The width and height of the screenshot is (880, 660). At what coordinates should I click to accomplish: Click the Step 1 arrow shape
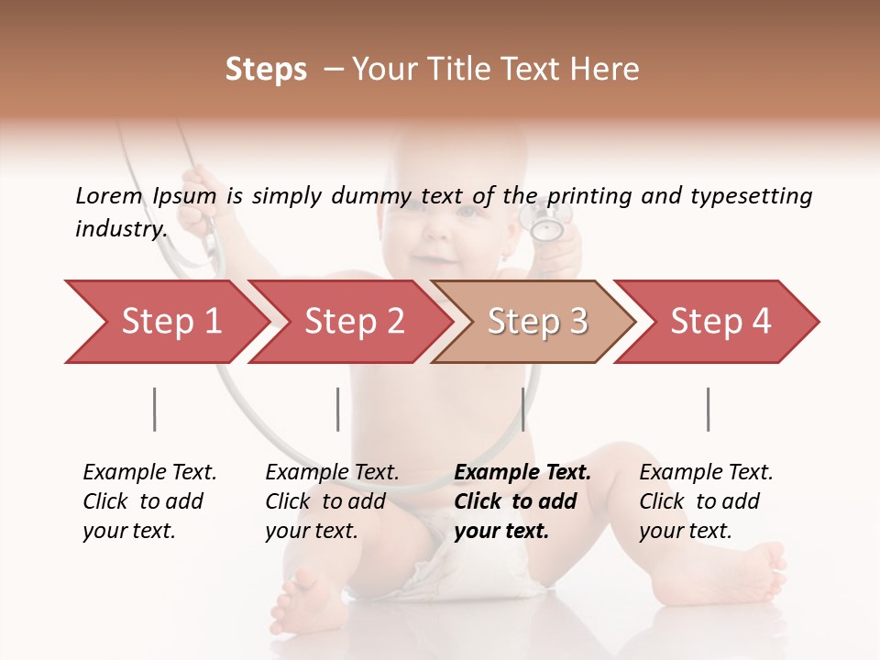165,322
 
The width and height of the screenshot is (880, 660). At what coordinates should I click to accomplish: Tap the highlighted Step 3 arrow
536,322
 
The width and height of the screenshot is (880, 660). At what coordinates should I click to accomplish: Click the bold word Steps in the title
266,70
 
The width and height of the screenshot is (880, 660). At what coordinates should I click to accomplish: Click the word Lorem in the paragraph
109,195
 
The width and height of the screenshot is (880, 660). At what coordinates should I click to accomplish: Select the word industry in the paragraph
120,228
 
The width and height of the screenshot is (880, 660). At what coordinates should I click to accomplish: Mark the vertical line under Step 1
154,409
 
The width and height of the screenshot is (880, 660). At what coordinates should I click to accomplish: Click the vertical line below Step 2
337,409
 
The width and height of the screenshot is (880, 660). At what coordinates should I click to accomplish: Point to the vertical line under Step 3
522,409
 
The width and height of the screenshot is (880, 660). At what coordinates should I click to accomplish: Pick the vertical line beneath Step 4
708,409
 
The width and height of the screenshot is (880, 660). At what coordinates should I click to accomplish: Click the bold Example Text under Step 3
522,472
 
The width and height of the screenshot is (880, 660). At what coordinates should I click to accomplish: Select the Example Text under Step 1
149,472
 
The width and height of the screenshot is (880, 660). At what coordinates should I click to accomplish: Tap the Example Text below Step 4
706,472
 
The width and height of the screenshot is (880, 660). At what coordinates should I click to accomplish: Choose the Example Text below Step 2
332,472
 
